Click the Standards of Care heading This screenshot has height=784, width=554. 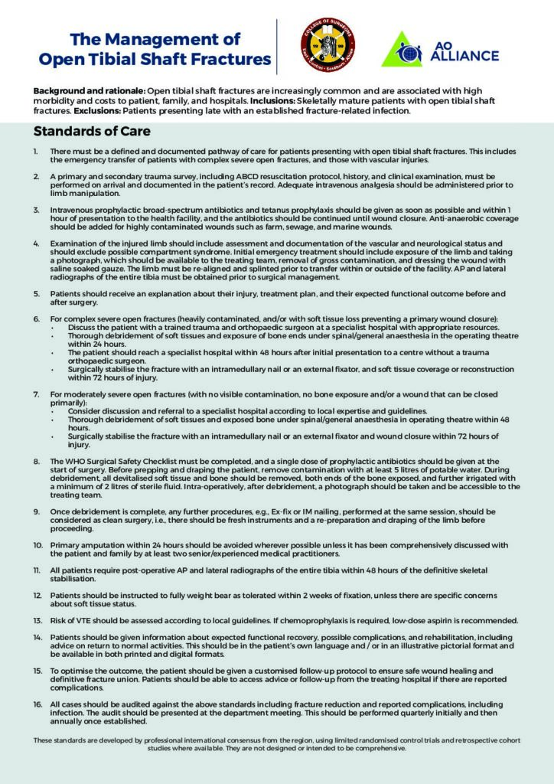point(92,131)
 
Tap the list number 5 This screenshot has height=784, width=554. point(37,293)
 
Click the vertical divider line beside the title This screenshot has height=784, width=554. point(277,46)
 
